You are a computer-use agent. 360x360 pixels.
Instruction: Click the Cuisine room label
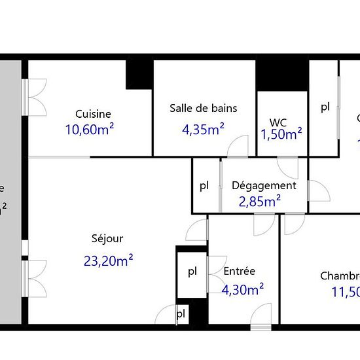(93, 113)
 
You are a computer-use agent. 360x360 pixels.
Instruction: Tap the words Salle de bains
(203, 108)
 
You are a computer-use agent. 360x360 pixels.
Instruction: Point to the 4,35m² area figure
(203, 129)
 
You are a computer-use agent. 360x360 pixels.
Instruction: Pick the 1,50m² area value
(281, 135)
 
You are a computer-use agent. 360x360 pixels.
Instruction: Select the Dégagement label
(264, 185)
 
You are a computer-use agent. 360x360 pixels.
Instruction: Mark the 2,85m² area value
(261, 201)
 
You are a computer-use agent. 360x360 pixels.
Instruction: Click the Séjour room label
(107, 239)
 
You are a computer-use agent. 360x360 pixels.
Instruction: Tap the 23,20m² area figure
(109, 261)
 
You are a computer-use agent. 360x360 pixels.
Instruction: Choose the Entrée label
(240, 271)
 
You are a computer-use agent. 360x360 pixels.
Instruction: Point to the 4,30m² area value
(243, 289)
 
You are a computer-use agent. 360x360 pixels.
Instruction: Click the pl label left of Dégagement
(205, 186)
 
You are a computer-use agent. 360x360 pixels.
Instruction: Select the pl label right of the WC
(325, 108)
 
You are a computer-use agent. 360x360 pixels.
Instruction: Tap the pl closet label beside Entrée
(192, 271)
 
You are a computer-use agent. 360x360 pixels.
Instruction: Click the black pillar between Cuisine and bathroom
(139, 75)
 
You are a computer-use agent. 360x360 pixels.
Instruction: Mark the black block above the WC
(281, 75)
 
